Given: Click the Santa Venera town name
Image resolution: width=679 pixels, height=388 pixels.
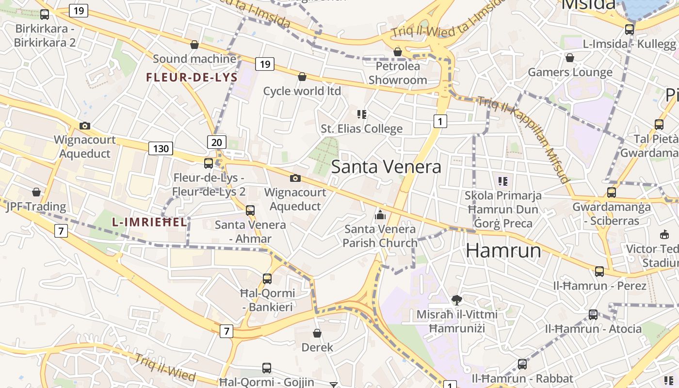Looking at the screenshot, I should pos(386,167).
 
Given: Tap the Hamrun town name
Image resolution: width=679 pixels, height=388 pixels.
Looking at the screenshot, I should pos(503,250).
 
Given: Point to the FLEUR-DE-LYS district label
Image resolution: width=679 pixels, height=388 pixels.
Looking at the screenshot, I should pos(192,78).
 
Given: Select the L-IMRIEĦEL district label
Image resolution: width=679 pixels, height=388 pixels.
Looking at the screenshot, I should pos(149,223).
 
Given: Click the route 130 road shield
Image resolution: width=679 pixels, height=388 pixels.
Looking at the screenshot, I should pos(161,148).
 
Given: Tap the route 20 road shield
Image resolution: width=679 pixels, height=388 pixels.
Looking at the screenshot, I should pos(217,142).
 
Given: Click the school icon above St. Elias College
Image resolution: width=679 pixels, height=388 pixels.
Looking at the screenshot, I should pos(362,114).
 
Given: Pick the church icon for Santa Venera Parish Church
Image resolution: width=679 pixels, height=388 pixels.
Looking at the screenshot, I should pos(380,214).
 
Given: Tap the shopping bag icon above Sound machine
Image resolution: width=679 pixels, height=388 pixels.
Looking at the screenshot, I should pos(194,45).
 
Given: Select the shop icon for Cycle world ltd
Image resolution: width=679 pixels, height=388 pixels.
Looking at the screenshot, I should pos(302,77).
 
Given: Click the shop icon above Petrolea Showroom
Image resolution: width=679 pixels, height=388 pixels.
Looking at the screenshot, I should pos(398,51).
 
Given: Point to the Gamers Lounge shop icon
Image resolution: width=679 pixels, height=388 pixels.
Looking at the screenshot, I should pos(570,58).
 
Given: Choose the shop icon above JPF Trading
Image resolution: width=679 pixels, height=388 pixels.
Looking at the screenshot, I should pos(36,193).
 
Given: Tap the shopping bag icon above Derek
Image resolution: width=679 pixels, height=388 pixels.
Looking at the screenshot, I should pos(317,333).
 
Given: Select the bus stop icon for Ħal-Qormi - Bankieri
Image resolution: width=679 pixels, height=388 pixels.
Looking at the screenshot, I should pos(267,279).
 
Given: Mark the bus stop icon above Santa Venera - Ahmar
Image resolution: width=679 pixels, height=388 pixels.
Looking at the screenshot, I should pos(250,210).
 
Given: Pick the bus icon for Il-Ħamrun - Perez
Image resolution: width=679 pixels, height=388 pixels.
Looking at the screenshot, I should pos(599,271).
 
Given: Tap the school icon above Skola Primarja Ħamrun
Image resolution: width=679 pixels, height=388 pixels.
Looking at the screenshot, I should pos(503,181).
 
